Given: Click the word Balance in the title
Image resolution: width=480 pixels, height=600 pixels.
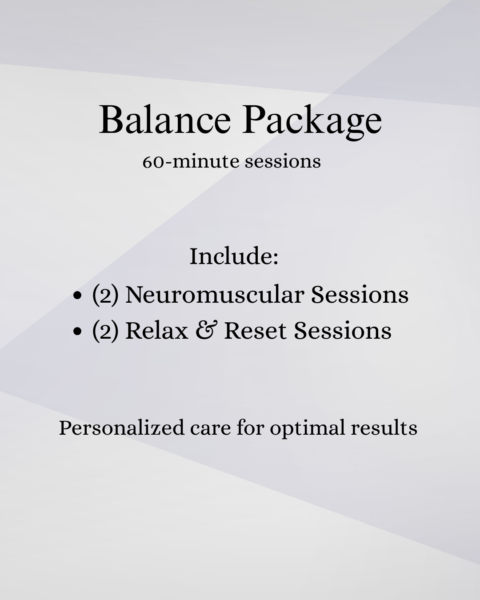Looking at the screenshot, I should coord(165,120).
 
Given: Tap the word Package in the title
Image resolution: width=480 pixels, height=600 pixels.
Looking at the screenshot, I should coord(312,121).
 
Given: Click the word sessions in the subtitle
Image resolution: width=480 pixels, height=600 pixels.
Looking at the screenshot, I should coord(283,161).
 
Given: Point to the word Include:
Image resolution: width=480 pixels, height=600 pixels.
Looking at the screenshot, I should coord(234,256).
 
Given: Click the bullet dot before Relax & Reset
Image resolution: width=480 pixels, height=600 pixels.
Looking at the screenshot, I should coord(78,331).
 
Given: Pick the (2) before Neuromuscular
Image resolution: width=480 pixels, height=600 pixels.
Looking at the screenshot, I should coord(105,295).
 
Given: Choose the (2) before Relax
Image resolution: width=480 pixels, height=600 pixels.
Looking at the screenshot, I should coord(105,331).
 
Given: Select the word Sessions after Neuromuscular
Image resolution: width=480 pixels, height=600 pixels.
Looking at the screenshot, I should coord(360,295).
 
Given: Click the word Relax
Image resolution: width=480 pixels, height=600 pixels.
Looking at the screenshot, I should coord(156,331).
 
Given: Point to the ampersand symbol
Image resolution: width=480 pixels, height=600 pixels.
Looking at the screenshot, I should coord(205,331).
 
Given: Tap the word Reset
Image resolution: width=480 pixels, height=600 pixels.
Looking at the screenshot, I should coord(255,331).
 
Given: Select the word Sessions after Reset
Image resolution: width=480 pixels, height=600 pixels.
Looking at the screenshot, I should coord(343,331).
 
